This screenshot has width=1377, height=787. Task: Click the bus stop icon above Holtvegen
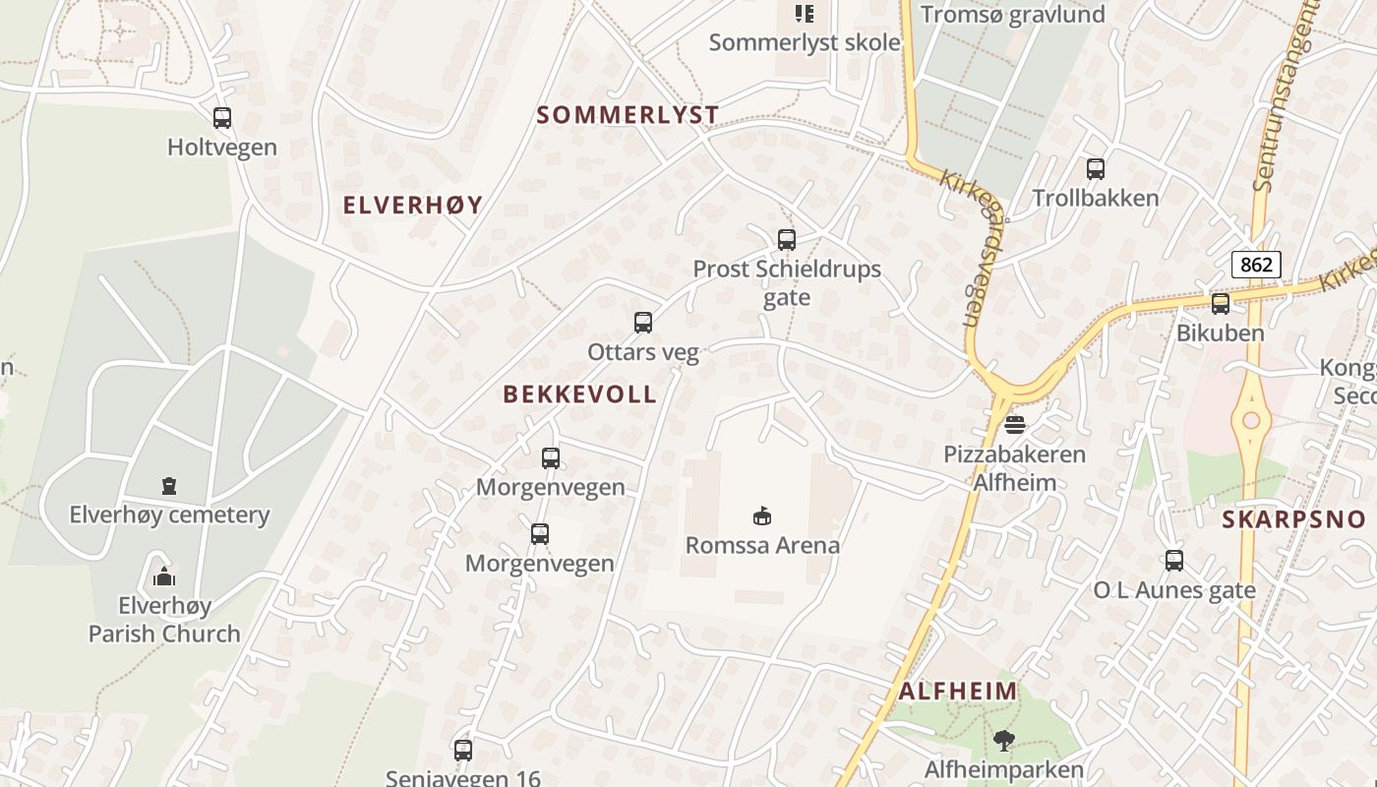pos(222,118)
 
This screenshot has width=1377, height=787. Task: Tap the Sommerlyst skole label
pos(805,42)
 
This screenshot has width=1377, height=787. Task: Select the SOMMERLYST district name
pos(628,115)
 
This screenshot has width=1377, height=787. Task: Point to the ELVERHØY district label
pos(413,205)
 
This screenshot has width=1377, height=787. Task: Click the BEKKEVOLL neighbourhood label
pos(579,394)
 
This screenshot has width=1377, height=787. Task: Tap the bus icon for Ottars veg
pos(643,323)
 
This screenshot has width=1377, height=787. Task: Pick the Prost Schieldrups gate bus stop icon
pos(786,239)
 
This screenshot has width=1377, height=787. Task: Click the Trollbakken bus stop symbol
pos(1096,169)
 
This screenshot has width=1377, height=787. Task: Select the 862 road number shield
pos(1256,264)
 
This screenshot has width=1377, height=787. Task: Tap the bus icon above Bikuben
pos(1221,304)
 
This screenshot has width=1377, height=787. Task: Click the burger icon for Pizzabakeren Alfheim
pos(1015,425)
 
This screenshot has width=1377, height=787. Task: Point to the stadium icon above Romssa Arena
pos(762,515)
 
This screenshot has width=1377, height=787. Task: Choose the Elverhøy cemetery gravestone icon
pos(169,486)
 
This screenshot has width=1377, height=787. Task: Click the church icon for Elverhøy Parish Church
pos(164,575)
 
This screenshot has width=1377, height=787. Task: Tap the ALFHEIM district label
pos(958,691)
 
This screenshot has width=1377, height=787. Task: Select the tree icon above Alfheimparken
pos(1003,740)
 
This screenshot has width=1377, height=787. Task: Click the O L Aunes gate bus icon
pos(1174,561)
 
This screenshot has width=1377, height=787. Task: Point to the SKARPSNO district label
pos(1293,520)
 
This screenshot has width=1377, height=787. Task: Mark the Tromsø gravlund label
pos(1013,15)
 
